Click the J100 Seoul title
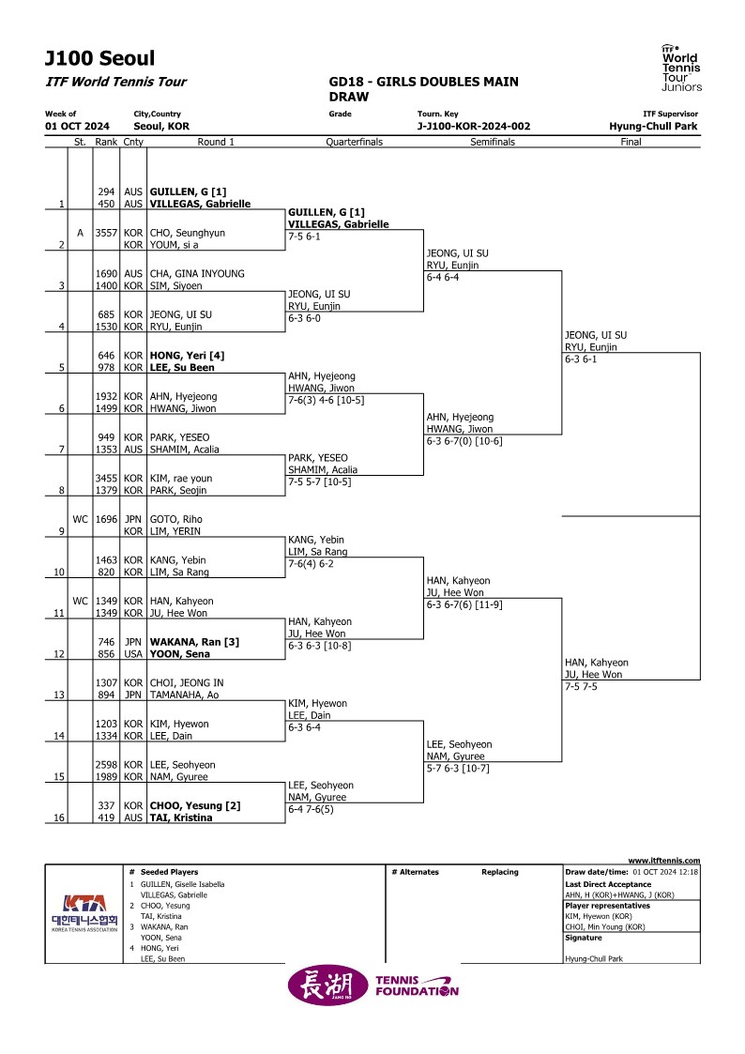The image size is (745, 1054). pos(100,58)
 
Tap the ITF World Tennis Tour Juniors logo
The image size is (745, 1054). pos(681,68)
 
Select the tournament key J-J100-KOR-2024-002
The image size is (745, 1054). pos(474,127)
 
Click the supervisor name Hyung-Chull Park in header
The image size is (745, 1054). pos(653,127)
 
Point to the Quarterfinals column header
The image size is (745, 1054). pos(354,142)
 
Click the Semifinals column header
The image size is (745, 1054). pos(493,142)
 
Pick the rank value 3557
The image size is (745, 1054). pos(106,233)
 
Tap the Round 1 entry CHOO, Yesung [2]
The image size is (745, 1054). pos(195,805)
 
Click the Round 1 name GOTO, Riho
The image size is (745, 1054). pos(176,519)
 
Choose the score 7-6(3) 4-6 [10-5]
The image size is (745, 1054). pos(327,401)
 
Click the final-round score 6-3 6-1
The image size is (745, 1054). pos(581,359)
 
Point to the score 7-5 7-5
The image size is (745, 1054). pos(581,687)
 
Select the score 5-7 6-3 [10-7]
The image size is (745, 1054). pos(458,769)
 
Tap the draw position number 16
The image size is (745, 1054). pos(59,817)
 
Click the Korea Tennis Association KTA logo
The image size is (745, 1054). pos(84,913)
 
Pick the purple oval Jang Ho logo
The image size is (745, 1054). pos(327,986)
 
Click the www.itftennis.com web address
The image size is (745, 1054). pos(664,861)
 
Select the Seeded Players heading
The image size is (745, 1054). pos(169,872)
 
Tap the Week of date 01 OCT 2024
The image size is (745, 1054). pos(77,127)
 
